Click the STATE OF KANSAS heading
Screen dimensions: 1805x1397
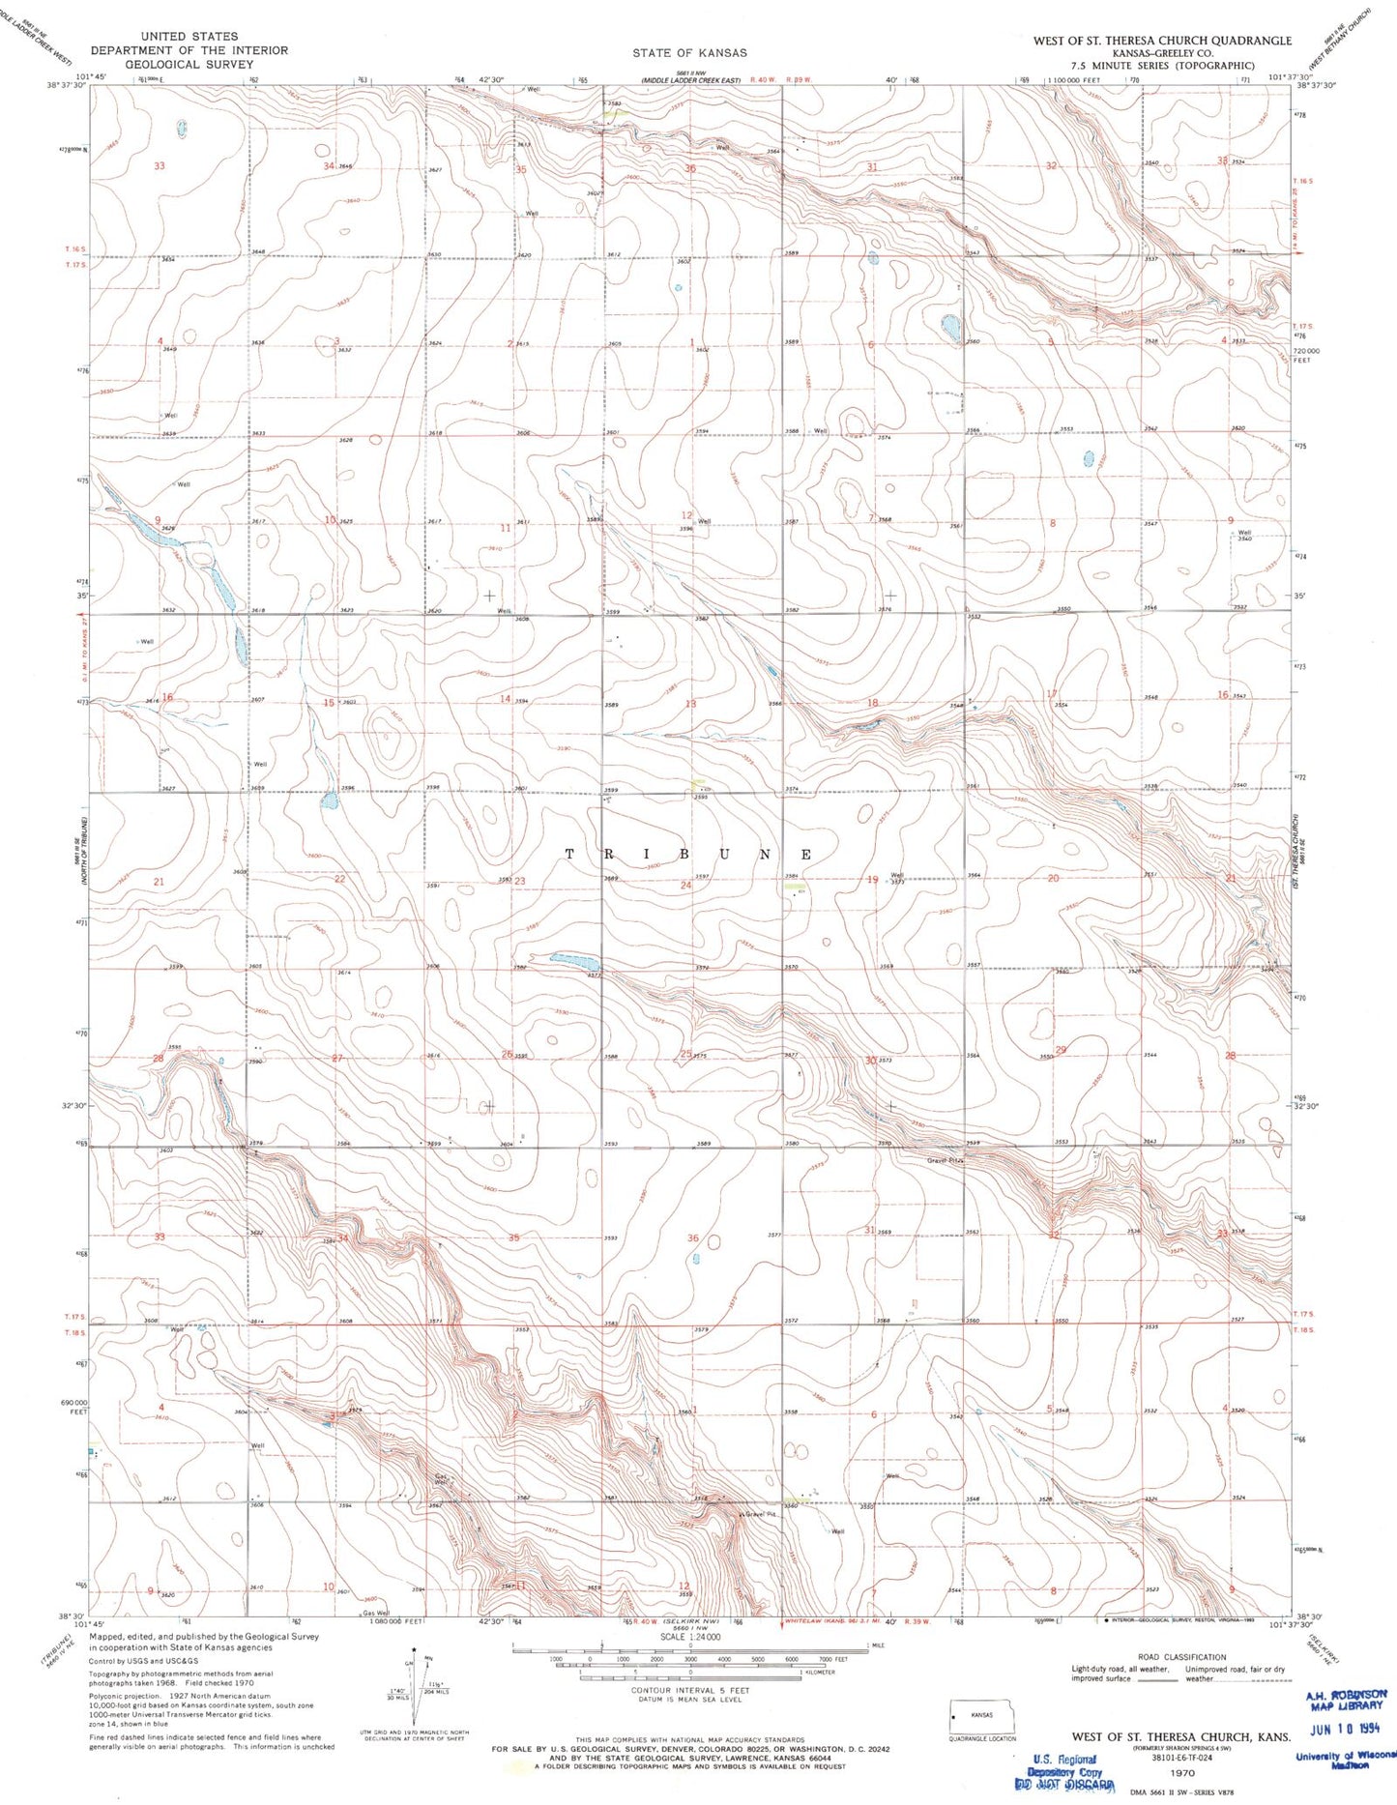(x=689, y=52)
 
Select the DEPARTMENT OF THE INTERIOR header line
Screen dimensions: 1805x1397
(x=189, y=50)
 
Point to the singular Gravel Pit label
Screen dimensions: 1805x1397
(x=760, y=1514)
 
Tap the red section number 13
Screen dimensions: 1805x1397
(x=690, y=704)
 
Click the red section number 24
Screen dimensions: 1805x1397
(x=685, y=885)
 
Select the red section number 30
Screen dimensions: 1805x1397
(x=870, y=1061)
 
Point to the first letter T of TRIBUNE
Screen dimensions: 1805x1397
(x=569, y=855)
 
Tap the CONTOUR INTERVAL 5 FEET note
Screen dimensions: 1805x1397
(x=690, y=1691)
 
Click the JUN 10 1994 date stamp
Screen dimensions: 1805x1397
(x=1346, y=1730)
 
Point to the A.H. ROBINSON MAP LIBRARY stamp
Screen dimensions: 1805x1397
(x=1345, y=1700)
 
